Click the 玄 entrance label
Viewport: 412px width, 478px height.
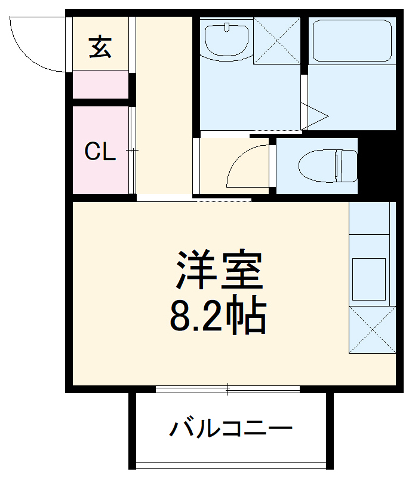pos(100,47)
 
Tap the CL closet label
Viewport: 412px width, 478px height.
pos(99,152)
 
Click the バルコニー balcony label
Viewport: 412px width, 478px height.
pos(232,428)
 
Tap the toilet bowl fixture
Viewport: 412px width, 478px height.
pos(328,165)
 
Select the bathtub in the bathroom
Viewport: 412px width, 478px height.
pos(353,40)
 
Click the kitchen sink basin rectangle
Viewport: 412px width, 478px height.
pos(369,278)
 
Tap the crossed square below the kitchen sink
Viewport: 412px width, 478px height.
pos(371,330)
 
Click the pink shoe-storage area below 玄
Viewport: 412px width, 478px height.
pos(100,84)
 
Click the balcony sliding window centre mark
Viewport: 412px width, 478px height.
pos(227,389)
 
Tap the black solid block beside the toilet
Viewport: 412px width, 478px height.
pos(377,166)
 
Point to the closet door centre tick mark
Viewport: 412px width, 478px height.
pos(133,151)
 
